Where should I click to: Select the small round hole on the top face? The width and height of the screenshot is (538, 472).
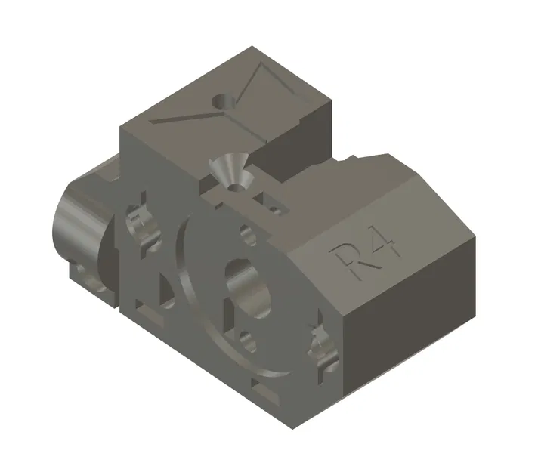pos(222,100)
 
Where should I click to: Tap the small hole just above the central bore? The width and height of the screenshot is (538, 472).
pos(247,233)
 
